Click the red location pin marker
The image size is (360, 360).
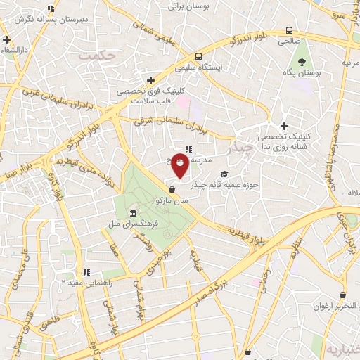point(180,166)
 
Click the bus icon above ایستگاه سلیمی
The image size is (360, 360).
point(199,56)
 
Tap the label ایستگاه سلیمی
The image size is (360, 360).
point(199,67)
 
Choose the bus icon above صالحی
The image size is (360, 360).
point(289,31)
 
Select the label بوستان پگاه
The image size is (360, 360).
point(307,72)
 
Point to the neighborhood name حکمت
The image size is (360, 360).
point(97,53)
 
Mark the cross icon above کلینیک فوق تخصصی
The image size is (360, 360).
point(151,80)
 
